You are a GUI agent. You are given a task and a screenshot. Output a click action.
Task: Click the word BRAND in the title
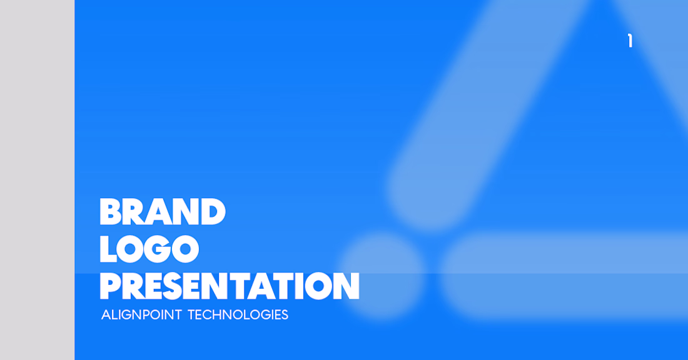tap(163, 212)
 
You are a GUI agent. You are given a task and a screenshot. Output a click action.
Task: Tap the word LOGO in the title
tap(149, 249)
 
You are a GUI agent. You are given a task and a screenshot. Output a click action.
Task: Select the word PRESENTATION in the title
tap(230, 286)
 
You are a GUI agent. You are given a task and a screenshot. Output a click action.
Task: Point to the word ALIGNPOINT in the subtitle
tap(141, 315)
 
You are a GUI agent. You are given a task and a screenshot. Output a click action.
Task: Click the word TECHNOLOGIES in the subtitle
tap(238, 315)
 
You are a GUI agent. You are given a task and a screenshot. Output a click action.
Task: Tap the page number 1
tap(630, 41)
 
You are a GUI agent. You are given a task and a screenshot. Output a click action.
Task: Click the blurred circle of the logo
tap(383, 277)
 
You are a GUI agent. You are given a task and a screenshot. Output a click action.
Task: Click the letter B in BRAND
tap(111, 212)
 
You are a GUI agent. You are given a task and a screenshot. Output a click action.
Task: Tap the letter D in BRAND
tap(213, 212)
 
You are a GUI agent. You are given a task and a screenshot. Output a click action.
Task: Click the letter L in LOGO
tap(108, 249)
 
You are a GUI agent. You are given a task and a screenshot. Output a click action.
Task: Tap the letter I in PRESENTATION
tap(294, 286)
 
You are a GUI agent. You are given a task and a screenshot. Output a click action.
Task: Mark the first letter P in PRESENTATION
tap(110, 286)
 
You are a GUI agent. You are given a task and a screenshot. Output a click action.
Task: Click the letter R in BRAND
tap(134, 212)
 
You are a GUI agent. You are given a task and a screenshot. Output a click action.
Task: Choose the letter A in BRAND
tap(159, 212)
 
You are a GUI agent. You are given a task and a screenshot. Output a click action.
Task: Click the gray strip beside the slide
tap(38, 180)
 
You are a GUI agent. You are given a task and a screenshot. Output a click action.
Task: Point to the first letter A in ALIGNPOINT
tap(106, 315)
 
